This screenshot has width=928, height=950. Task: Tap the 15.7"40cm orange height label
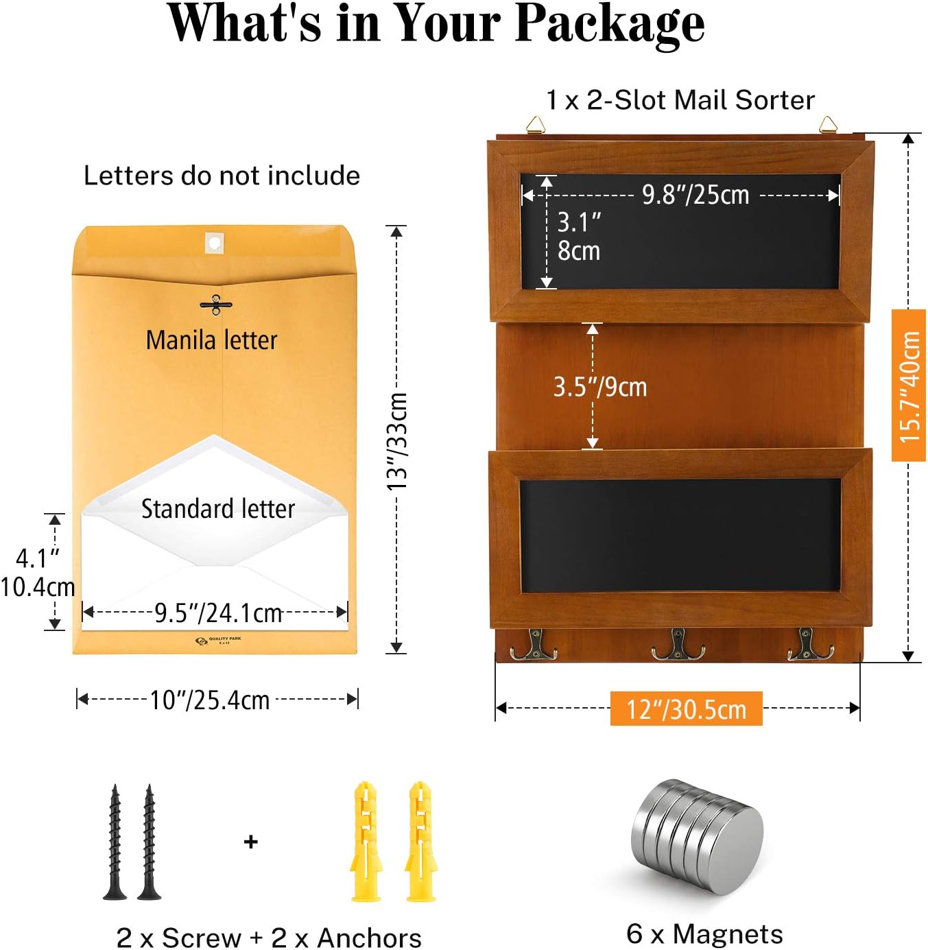click(x=909, y=385)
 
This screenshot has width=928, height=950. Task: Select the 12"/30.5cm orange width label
click(x=686, y=709)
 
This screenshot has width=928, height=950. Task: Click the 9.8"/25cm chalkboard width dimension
click(x=695, y=195)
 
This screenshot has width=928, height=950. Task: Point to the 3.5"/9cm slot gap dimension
click(x=600, y=387)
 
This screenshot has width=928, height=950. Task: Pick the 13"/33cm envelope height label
click(x=397, y=441)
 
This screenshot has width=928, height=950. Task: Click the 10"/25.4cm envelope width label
click(x=210, y=700)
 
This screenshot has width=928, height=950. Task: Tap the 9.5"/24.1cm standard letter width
click(x=218, y=613)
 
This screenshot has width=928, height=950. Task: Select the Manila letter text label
click(x=211, y=340)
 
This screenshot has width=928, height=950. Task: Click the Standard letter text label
click(x=218, y=509)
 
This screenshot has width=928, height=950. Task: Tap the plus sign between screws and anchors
click(x=251, y=842)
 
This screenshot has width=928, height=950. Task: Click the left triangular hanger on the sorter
click(x=535, y=124)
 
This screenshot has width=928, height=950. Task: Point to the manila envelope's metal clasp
click(x=216, y=305)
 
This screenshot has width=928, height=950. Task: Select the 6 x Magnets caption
click(x=704, y=934)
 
